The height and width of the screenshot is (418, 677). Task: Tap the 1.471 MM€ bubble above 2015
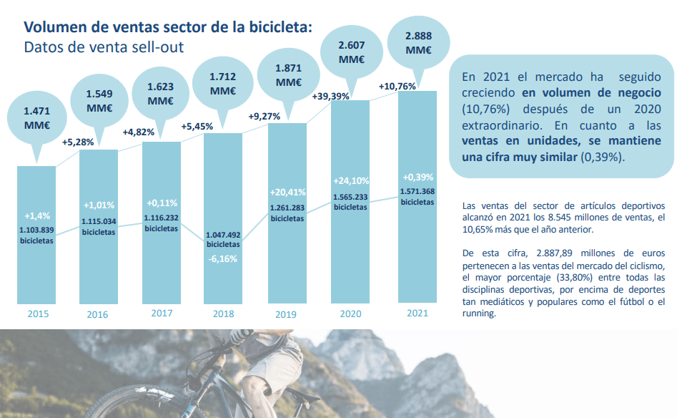coord(36,118)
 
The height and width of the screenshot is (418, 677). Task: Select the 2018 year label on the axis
coord(223,313)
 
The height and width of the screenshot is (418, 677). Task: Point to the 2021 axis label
coord(417,313)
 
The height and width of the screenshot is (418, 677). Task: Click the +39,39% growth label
coord(331,96)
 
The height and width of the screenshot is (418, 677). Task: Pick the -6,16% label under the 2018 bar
coord(223,258)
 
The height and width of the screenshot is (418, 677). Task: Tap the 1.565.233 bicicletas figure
coord(350,202)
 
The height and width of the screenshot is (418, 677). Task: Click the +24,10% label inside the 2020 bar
coord(350,181)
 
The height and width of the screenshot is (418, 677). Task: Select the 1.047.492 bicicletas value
coord(223,239)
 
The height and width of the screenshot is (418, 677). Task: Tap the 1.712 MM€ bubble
coord(223,83)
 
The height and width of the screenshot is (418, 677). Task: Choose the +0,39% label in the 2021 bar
coord(418,177)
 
